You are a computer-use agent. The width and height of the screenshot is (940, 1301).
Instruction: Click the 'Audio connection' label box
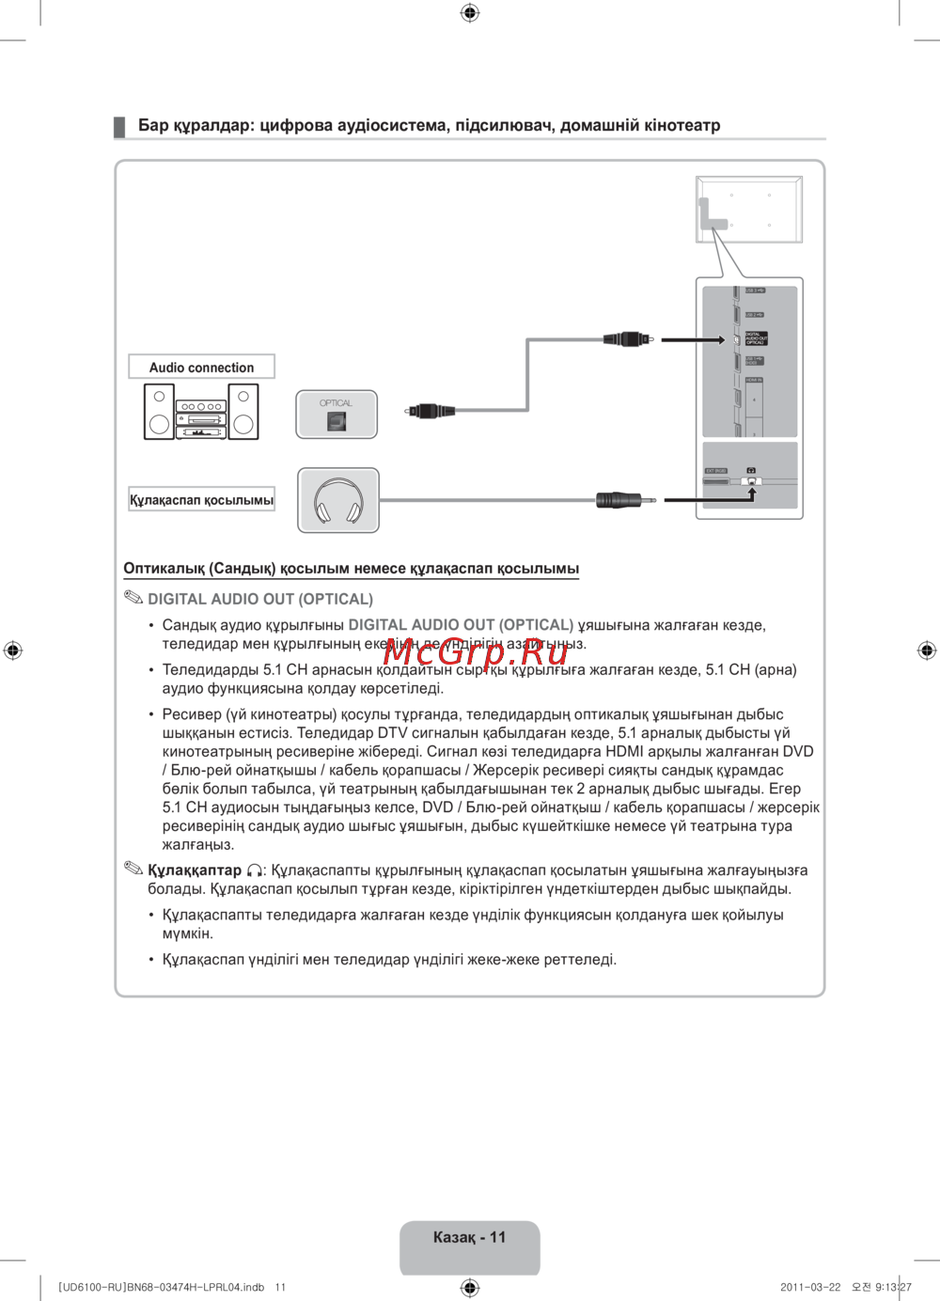201,367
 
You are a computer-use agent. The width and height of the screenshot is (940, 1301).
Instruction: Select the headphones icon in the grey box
338,501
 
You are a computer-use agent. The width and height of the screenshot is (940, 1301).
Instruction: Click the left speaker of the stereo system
159,412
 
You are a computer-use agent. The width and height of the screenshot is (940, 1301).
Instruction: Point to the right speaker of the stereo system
243,412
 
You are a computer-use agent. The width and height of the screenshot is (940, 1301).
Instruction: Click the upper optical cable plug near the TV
626,338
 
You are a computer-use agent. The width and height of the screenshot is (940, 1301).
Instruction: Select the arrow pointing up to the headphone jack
751,492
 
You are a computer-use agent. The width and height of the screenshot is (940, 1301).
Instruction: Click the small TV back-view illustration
749,209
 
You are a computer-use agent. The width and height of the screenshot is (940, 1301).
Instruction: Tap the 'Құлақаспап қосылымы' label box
201,500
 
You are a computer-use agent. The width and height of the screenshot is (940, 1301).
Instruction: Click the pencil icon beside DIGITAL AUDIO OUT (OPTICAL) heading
133,598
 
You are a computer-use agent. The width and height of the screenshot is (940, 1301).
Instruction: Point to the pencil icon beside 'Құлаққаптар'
133,869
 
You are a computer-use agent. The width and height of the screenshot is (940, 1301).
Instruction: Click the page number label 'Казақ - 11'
469,1238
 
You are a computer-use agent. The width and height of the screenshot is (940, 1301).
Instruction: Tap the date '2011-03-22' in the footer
810,1287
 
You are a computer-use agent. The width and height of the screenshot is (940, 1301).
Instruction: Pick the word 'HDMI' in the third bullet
625,751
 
